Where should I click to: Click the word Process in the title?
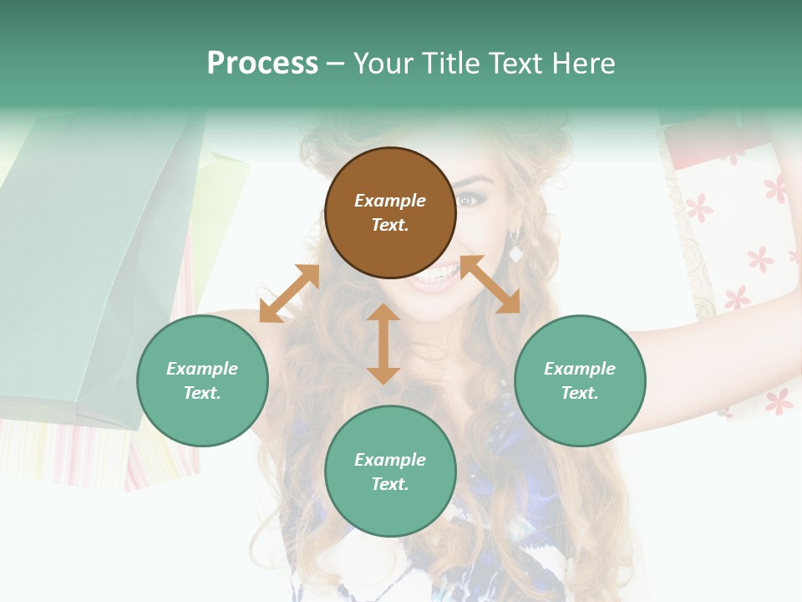(x=262, y=64)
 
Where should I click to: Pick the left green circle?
(x=202, y=380)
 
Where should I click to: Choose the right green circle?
(x=580, y=380)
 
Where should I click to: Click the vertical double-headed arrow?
(x=383, y=344)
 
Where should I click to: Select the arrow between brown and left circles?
(x=289, y=293)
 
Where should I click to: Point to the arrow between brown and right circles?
(x=490, y=284)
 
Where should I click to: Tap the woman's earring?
(x=515, y=251)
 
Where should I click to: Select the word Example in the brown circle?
(x=390, y=201)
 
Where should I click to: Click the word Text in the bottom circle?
(x=390, y=484)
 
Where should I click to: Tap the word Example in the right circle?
(x=580, y=369)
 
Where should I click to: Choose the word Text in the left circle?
(x=202, y=393)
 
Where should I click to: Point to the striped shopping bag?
(x=50, y=451)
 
